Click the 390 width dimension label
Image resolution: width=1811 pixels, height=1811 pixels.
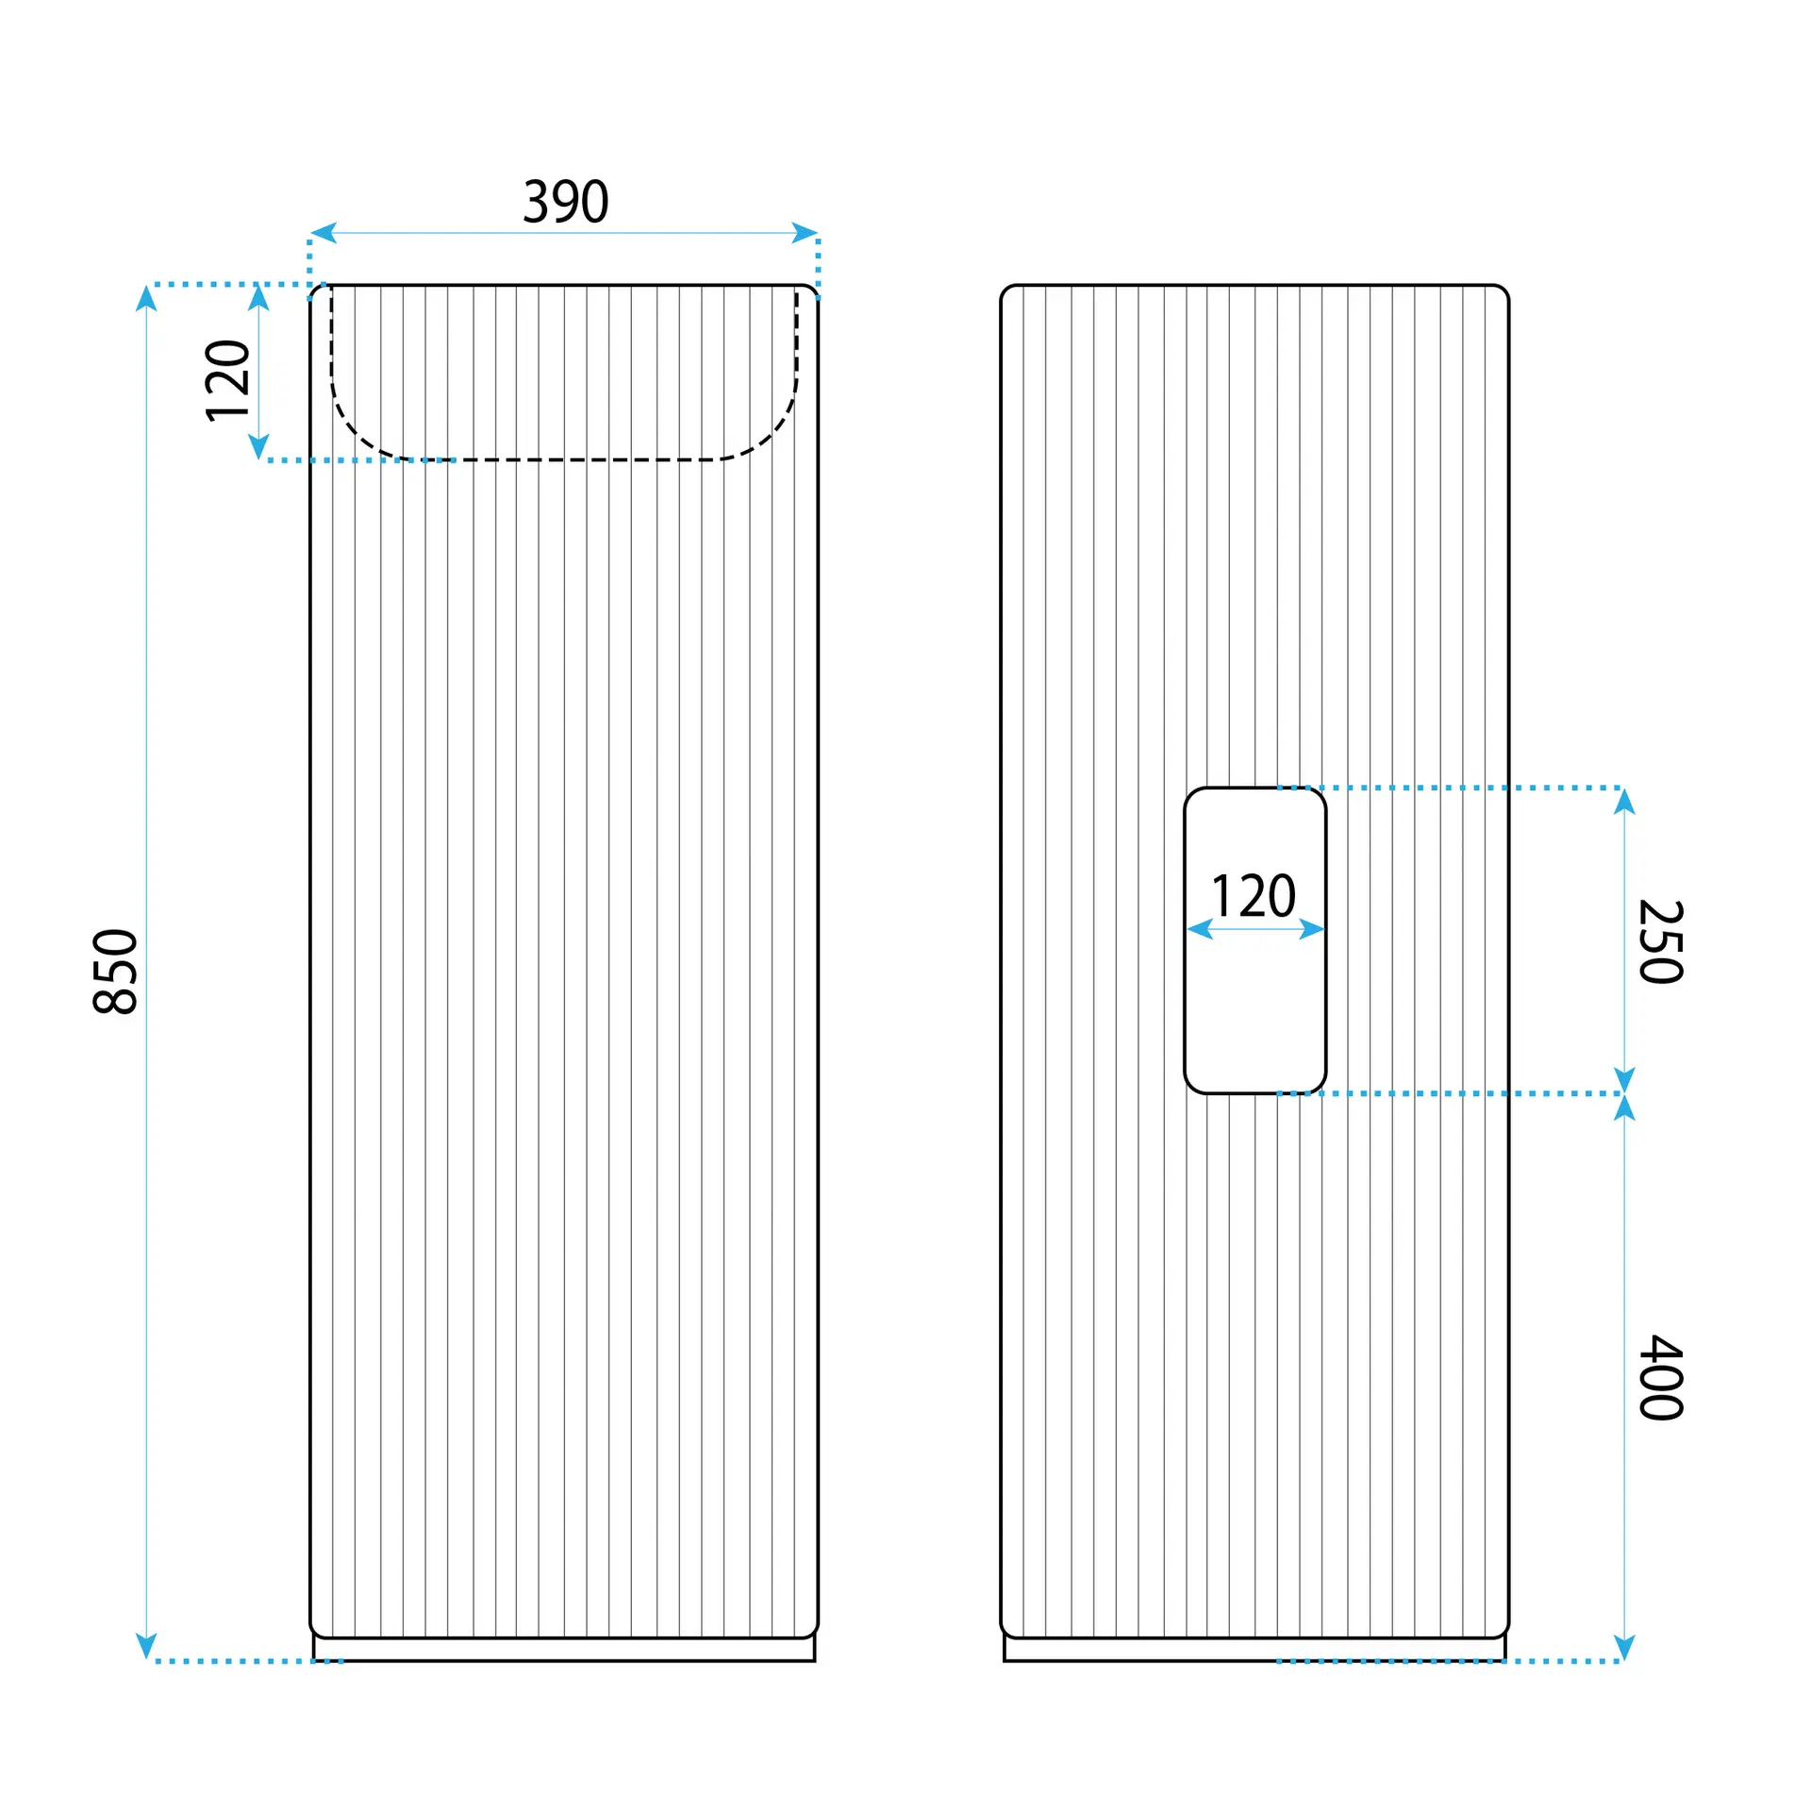tap(566, 201)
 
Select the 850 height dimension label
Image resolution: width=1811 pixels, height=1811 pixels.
tap(116, 972)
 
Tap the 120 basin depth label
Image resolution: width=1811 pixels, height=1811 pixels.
tap(227, 380)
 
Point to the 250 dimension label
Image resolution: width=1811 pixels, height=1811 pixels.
tap(1661, 941)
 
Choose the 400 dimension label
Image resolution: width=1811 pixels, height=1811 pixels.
tap(1661, 1378)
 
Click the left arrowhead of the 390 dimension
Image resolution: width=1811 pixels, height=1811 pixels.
tap(324, 233)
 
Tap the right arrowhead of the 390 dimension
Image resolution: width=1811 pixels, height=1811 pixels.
tap(805, 233)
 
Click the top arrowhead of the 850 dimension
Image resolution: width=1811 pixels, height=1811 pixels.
tap(146, 298)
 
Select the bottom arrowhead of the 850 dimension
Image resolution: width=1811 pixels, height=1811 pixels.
tap(146, 1647)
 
